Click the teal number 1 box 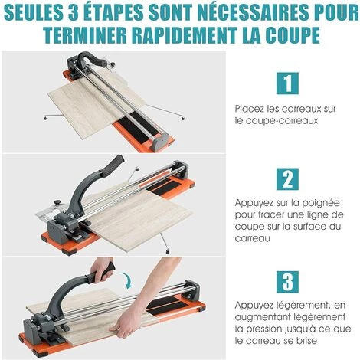(x=287, y=83)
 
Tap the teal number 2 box (x=287, y=179)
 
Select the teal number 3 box (x=287, y=282)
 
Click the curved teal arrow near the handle (x=127, y=280)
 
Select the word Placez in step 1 (x=250, y=109)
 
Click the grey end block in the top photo (x=159, y=141)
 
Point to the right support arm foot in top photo (x=183, y=118)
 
